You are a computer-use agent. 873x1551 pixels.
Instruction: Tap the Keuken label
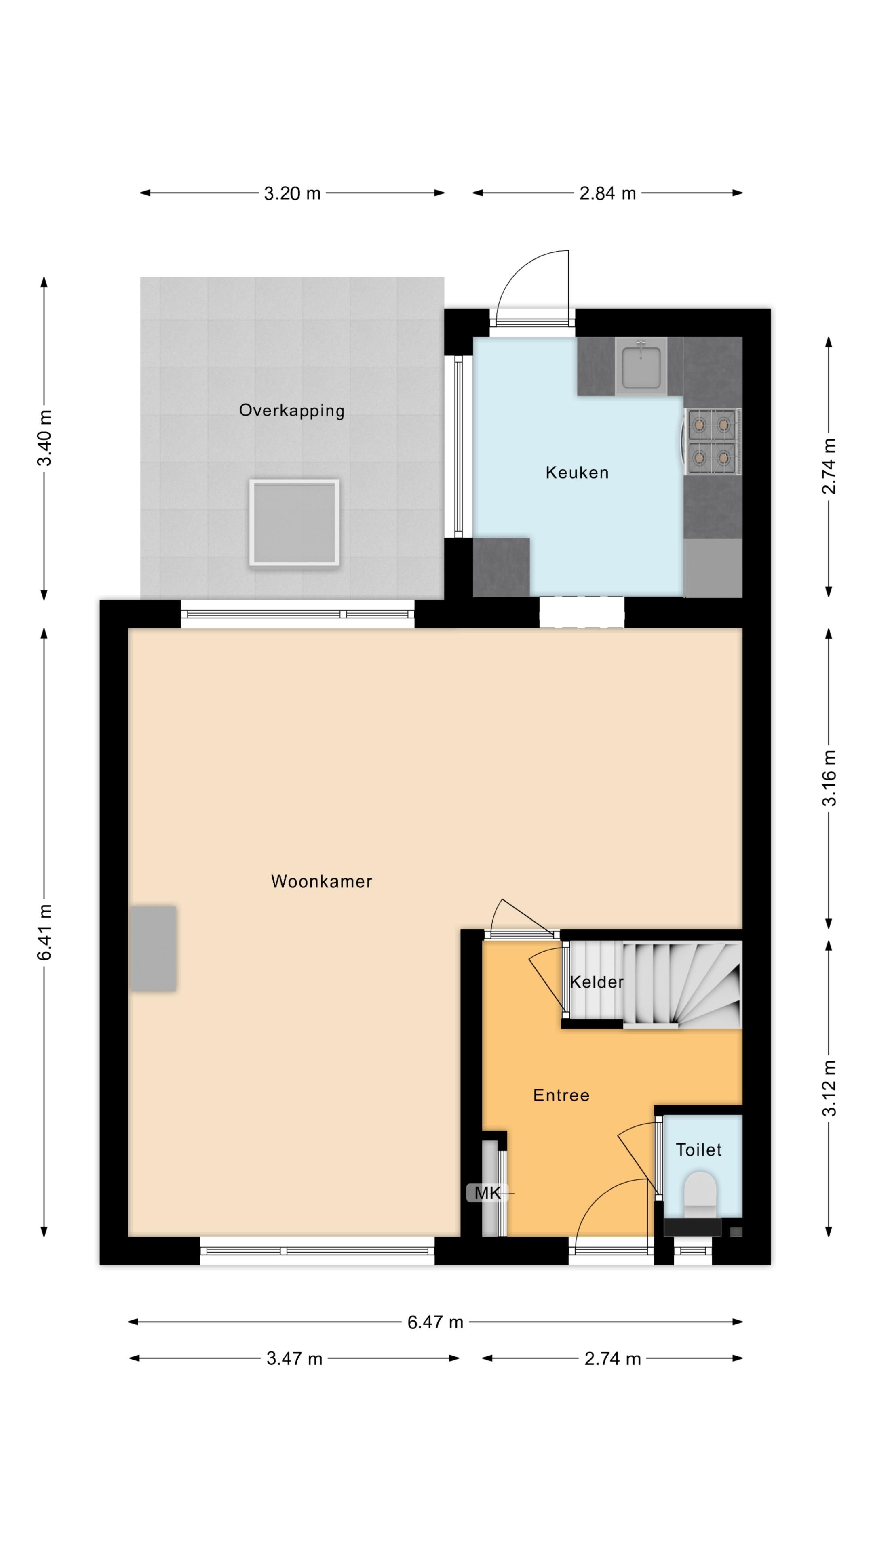pos(577,473)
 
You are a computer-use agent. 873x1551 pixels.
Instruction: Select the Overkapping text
pos(291,411)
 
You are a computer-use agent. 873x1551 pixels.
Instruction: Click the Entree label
pos(561,1095)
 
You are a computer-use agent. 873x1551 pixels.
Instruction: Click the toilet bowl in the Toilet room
pos(700,1190)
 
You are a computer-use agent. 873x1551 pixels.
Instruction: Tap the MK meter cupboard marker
pos(487,1193)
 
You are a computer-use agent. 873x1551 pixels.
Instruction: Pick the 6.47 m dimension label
pos(435,1322)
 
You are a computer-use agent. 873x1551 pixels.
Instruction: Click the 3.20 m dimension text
pos(292,193)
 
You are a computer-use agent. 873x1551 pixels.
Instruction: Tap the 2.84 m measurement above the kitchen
pos(607,193)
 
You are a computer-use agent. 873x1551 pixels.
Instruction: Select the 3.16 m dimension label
pos(829,778)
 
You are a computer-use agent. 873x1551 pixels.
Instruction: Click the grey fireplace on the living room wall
pos(154,948)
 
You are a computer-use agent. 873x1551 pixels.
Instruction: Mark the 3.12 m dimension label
pos(829,1088)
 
